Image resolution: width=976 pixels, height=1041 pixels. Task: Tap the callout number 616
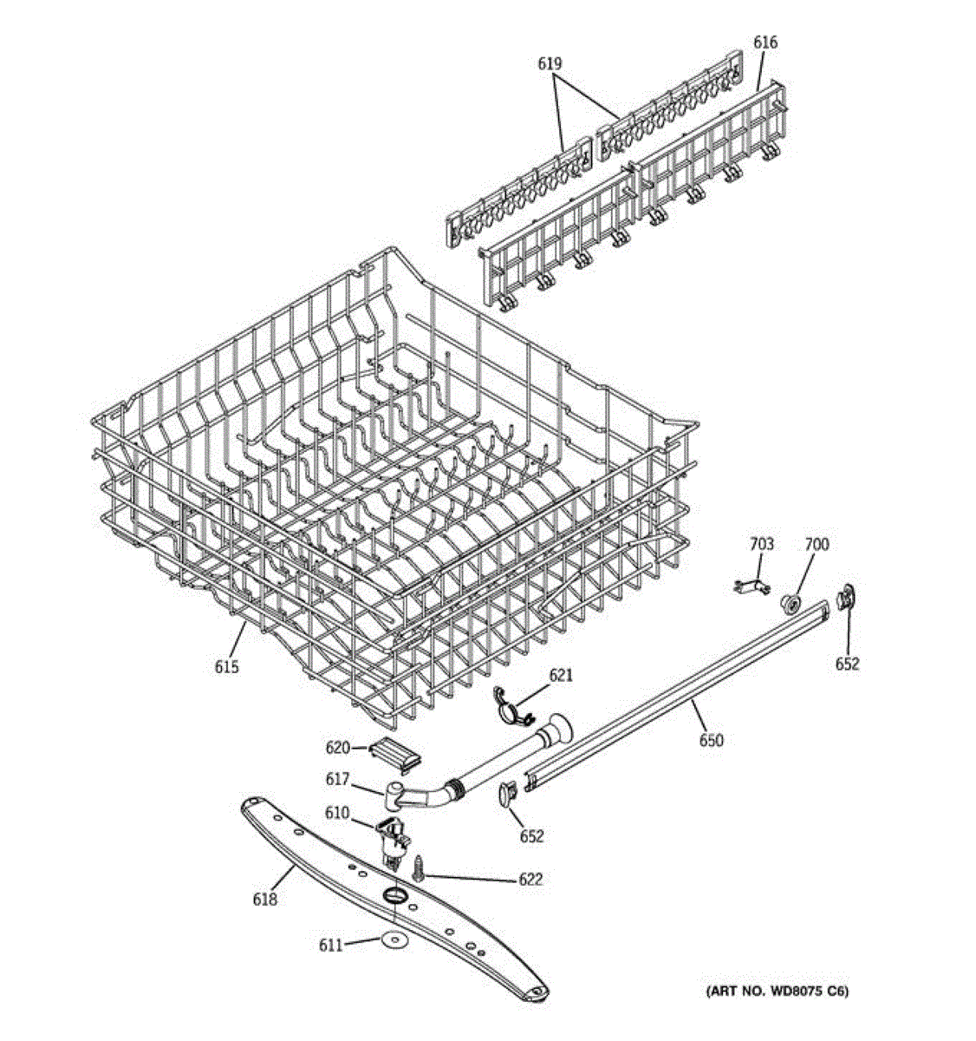click(765, 42)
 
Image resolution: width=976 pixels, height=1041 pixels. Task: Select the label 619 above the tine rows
click(550, 63)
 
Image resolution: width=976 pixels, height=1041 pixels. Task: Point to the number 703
click(761, 544)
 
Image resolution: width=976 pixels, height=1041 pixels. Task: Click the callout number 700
click(817, 544)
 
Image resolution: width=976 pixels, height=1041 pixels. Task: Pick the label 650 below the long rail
click(711, 740)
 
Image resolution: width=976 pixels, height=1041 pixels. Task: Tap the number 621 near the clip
click(561, 674)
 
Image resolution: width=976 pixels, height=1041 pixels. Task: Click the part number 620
click(337, 748)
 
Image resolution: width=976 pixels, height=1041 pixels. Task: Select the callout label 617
click(337, 779)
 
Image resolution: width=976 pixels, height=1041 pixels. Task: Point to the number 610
click(337, 813)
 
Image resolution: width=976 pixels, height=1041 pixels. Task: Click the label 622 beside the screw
click(530, 879)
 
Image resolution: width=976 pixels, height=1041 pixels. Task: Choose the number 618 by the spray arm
click(265, 899)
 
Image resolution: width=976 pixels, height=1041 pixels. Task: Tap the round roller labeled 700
click(790, 602)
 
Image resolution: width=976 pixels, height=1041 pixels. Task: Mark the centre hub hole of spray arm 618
click(394, 895)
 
